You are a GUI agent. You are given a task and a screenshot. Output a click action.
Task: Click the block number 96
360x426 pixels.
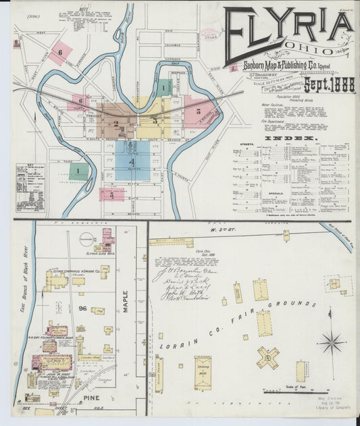coord(83,309)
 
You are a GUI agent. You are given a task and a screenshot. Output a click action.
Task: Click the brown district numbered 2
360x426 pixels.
coord(116,124)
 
